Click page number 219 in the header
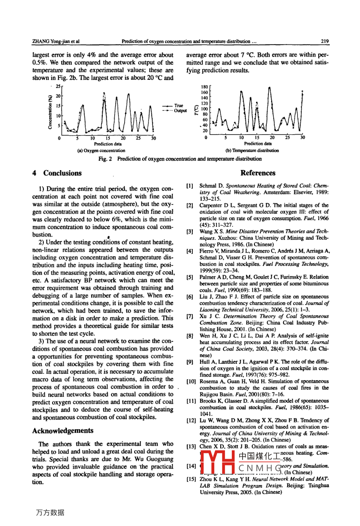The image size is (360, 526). pos(325,41)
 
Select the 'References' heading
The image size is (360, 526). pos(258,173)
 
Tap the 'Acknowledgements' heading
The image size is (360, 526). pos(63,431)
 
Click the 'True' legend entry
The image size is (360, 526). pos(178,106)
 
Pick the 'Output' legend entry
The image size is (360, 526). pos(180,111)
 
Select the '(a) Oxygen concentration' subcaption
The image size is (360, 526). pos(101,151)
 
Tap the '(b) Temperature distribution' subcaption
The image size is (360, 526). pos(252,151)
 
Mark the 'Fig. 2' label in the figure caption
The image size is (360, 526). pos(105,159)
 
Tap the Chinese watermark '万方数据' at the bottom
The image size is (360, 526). pos(50,513)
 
